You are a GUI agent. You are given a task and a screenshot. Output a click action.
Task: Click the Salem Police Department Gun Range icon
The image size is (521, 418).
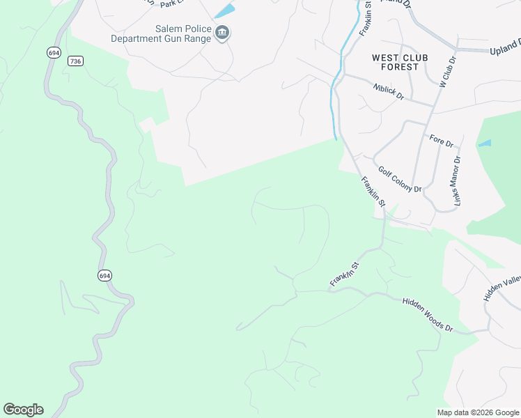[x=222, y=33]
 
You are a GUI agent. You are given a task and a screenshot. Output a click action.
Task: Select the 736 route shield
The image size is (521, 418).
[x=76, y=61]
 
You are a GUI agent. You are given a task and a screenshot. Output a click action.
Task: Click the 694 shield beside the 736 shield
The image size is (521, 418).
[x=54, y=52]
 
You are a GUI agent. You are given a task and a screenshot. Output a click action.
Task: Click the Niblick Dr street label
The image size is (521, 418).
[x=389, y=92]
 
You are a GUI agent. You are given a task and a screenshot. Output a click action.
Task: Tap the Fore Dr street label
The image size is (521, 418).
[x=442, y=141]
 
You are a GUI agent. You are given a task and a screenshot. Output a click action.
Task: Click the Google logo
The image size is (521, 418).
[x=23, y=410]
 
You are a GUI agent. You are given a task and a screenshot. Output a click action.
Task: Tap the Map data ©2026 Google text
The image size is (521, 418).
[x=478, y=412]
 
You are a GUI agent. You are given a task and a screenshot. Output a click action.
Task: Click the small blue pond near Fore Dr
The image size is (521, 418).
[x=485, y=144]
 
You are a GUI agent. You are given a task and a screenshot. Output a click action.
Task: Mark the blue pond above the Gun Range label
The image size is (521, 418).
[x=224, y=11]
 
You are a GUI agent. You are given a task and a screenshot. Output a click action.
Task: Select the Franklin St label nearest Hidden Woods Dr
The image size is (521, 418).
[x=344, y=274]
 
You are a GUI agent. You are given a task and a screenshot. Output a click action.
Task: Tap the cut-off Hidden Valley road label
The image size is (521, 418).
[x=502, y=288]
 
